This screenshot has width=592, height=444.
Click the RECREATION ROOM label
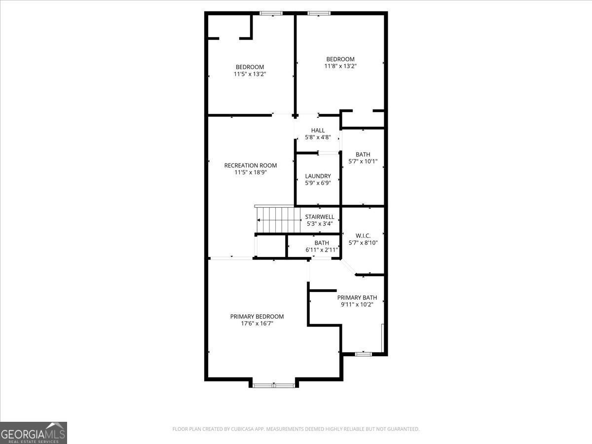click(x=250, y=165)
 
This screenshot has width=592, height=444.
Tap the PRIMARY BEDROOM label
click(x=257, y=316)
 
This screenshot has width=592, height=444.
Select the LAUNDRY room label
click(x=318, y=176)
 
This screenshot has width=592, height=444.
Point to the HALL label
click(x=318, y=130)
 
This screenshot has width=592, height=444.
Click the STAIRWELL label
click(x=320, y=217)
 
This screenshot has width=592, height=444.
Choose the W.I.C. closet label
click(x=363, y=236)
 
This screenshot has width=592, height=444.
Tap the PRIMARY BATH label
click(x=357, y=297)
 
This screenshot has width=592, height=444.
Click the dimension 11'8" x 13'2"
click(x=340, y=66)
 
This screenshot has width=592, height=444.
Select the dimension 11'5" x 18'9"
click(x=250, y=172)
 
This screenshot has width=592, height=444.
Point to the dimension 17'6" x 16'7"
click(x=257, y=324)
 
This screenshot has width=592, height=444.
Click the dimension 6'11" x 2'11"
click(x=322, y=250)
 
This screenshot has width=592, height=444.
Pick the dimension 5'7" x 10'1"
click(x=363, y=161)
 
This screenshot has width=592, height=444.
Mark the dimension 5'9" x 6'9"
click(x=318, y=183)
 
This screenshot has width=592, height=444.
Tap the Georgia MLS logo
click(x=34, y=433)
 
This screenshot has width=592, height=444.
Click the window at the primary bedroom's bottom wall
click(x=274, y=385)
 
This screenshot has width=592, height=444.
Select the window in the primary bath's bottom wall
click(x=364, y=354)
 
